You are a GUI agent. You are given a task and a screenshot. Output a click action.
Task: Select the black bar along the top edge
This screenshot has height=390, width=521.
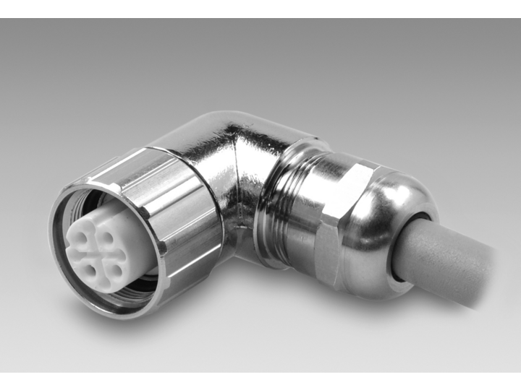coord(260,9)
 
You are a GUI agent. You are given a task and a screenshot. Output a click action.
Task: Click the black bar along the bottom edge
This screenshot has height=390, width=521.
coord(260,381)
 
